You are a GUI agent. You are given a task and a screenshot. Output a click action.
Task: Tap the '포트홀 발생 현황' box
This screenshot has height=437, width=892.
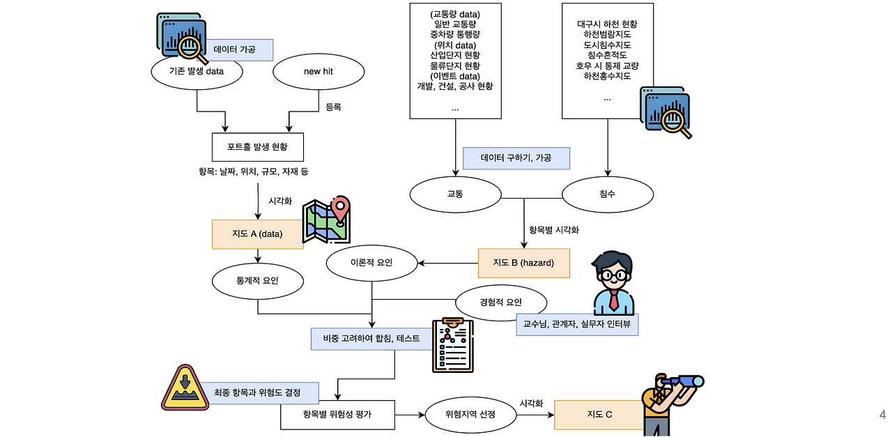click(257, 147)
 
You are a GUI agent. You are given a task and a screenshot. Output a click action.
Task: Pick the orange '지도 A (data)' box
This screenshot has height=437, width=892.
click(257, 234)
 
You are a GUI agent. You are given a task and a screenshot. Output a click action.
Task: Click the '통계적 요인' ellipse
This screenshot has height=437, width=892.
click(257, 281)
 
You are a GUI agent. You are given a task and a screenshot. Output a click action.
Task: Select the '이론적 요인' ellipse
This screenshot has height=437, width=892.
click(373, 263)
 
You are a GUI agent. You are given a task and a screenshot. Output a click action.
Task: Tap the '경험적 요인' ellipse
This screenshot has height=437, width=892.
click(500, 302)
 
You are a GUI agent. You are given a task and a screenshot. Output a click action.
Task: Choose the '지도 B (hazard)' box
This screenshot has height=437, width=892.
click(523, 263)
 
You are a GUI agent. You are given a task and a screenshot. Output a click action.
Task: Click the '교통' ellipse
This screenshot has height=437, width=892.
click(455, 194)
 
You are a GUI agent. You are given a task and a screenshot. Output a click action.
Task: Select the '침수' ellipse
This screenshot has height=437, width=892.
click(607, 194)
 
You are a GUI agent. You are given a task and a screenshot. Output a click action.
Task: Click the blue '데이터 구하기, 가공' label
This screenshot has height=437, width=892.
click(516, 158)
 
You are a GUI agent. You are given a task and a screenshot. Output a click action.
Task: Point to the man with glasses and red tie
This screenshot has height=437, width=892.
click(613, 283)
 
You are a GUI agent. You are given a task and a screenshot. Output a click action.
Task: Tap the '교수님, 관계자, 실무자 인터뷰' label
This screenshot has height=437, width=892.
click(577, 324)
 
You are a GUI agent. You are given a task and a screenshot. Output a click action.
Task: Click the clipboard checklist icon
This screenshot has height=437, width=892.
click(452, 345)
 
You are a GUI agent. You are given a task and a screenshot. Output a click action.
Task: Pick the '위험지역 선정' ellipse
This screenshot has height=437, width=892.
click(470, 414)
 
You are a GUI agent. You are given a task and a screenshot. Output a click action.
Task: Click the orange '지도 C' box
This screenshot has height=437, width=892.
click(599, 415)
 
